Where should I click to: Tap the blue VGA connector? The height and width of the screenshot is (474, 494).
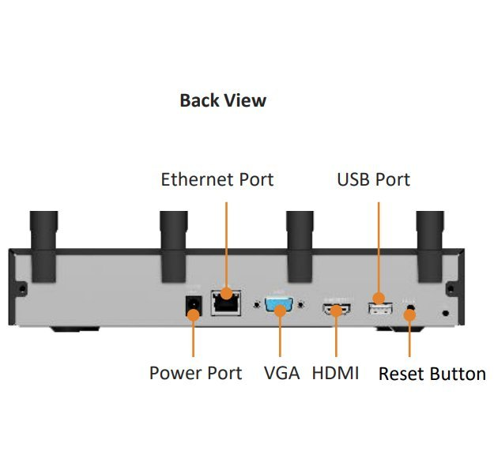(280, 305)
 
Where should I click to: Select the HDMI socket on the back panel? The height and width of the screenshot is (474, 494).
(336, 310)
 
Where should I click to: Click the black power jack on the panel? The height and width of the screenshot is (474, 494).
(191, 307)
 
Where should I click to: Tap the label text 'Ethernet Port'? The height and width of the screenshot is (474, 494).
(217, 179)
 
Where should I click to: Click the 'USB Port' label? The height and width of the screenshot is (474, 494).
(373, 179)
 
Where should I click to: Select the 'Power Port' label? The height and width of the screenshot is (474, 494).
(195, 373)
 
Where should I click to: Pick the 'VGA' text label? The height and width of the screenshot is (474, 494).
(281, 373)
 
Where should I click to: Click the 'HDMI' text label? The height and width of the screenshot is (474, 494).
(335, 373)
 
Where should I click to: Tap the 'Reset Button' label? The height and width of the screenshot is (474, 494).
(432, 374)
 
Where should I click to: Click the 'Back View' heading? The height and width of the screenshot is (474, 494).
(223, 101)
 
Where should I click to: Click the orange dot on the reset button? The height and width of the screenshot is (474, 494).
(409, 316)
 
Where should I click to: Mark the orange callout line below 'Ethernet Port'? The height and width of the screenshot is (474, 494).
(226, 245)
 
